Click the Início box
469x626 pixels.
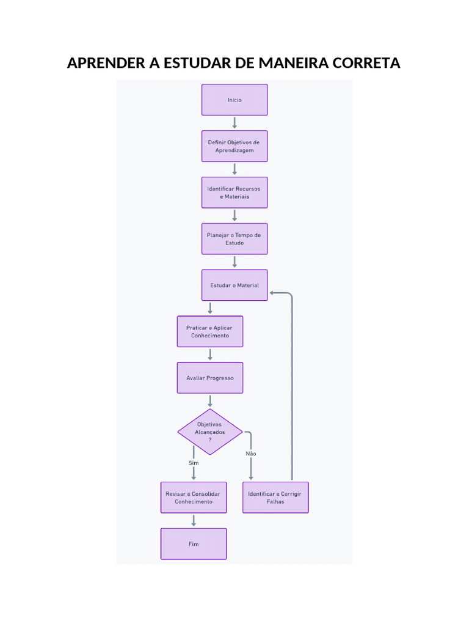tap(234, 100)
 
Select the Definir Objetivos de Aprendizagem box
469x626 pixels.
tap(234, 146)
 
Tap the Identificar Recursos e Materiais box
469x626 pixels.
tap(234, 193)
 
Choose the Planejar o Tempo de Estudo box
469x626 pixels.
tap(234, 239)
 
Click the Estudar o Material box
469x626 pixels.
tap(234, 285)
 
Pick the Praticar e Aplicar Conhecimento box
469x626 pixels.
tap(210, 331)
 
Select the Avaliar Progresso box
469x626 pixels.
tap(210, 378)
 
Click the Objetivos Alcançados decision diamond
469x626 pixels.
tap(210, 432)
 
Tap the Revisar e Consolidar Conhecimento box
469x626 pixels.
tap(194, 498)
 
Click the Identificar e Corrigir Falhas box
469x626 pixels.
tap(275, 498)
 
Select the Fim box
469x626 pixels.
tap(194, 543)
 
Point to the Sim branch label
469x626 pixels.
tap(194, 463)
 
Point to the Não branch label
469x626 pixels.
tap(251, 454)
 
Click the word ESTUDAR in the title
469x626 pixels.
tap(197, 63)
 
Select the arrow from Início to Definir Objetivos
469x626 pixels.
tap(234, 123)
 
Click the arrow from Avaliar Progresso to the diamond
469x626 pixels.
tap(210, 401)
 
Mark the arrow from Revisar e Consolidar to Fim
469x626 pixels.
tap(194, 521)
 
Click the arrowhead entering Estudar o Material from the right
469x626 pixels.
tap(272, 293)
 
